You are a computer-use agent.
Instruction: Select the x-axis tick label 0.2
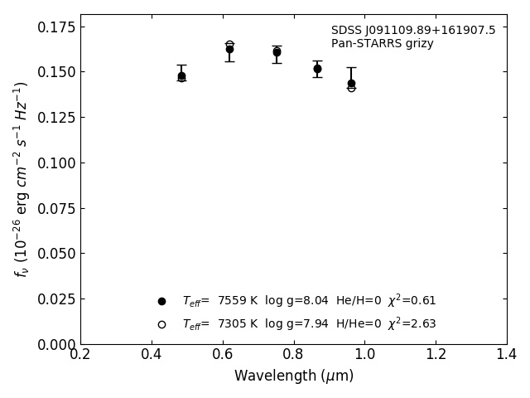point(80,355)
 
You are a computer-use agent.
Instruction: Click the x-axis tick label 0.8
point(293,355)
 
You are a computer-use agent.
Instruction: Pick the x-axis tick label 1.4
point(507,355)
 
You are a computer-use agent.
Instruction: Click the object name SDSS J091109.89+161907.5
point(413,31)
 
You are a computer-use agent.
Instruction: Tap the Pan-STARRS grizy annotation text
point(382,44)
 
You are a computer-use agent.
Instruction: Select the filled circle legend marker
point(161,301)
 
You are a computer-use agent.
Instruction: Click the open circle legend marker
point(161,324)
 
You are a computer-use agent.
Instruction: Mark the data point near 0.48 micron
point(181,76)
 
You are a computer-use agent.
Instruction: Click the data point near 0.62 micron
point(229,49)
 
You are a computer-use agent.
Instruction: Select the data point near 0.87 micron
point(317,69)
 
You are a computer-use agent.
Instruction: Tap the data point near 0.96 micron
point(351,84)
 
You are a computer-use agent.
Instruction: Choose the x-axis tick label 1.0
point(364,355)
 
